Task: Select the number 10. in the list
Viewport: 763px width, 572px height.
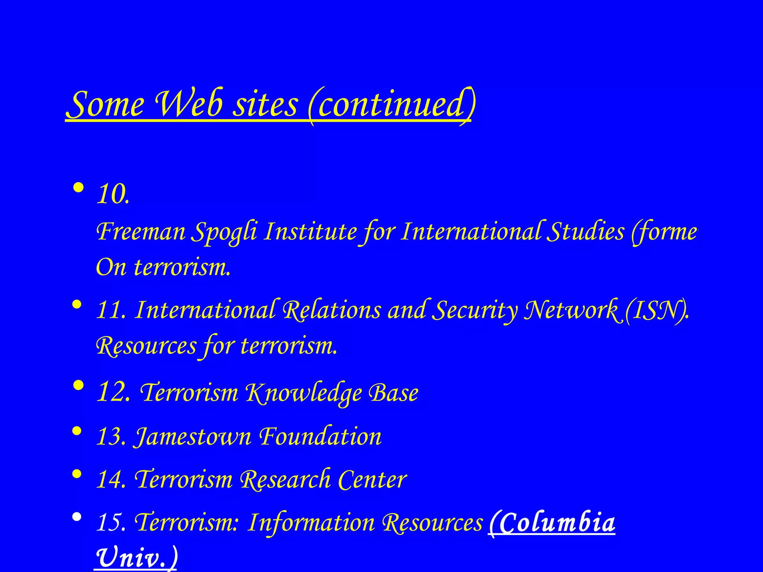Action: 113,194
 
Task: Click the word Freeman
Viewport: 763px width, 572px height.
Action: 141,232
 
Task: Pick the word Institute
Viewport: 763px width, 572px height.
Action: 311,232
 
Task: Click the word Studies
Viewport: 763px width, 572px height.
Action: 587,232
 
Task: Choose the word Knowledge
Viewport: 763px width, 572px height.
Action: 303,393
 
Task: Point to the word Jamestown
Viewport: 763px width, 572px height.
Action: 193,436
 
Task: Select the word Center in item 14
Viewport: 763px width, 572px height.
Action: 373,479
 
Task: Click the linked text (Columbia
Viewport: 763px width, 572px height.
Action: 551,522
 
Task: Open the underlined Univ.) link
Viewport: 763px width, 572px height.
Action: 136,557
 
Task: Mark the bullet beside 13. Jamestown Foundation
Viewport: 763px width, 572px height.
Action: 77,432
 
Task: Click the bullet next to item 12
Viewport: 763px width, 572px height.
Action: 78,386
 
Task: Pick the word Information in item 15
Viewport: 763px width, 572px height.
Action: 311,522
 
